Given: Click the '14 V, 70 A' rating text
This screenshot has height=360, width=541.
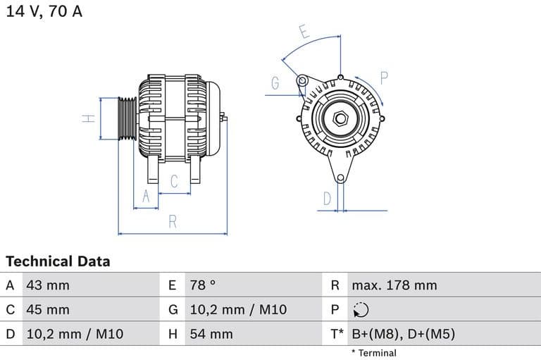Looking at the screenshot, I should (44, 12).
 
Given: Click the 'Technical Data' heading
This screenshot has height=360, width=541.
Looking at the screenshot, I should (58, 261).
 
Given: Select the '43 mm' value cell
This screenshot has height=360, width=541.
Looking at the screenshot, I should (48, 285).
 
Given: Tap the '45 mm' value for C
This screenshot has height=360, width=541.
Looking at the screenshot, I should (48, 309).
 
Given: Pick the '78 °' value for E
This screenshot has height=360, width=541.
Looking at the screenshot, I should (203, 285).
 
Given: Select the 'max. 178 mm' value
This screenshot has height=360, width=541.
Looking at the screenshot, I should (394, 285).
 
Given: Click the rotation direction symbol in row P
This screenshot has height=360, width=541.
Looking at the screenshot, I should (360, 310).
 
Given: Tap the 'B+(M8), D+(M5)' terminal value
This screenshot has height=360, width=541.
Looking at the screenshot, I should (403, 334).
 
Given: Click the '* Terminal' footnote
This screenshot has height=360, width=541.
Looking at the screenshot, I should (373, 353).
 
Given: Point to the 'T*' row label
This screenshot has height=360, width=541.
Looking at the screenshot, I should (337, 334).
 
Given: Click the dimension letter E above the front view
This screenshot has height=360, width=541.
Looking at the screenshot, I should (304, 32).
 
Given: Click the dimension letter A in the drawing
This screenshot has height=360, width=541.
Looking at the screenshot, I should (147, 197).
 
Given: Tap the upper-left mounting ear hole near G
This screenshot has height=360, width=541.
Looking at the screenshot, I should (302, 80).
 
